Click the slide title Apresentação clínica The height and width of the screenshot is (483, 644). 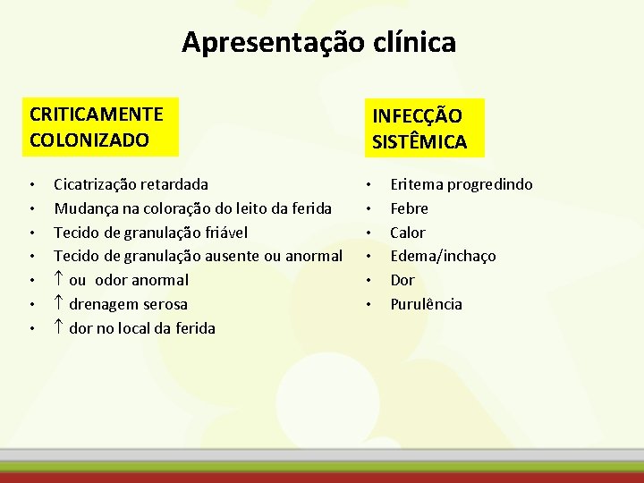(x=318, y=42)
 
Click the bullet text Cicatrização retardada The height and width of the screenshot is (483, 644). (x=131, y=184)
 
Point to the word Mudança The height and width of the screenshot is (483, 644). (x=83, y=208)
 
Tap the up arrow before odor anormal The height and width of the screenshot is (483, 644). (x=59, y=280)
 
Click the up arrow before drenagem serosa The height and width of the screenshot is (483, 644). (x=59, y=304)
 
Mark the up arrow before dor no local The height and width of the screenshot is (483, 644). (x=59, y=328)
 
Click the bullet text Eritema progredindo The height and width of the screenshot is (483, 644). (x=461, y=184)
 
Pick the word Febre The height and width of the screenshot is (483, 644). (x=409, y=208)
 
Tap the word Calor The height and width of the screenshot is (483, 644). (x=408, y=233)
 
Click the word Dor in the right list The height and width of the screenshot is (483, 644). (x=402, y=280)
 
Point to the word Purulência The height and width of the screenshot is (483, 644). (x=426, y=304)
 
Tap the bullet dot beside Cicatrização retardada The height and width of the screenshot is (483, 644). (x=32, y=186)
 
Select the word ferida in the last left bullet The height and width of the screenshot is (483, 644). (x=193, y=328)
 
